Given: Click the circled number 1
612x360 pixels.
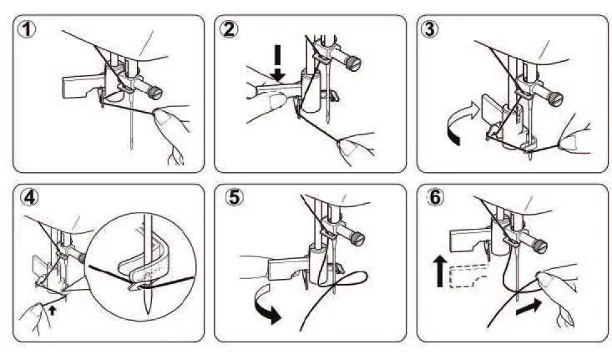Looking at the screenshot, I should click(x=27, y=31).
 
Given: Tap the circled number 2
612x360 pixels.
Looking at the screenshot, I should click(x=229, y=31).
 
